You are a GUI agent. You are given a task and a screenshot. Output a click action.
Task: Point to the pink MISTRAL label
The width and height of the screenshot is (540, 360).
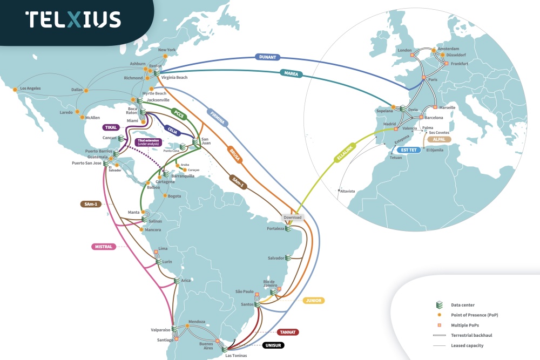click(103, 247)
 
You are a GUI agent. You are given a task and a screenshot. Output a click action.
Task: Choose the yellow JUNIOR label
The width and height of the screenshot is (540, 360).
click(313, 301)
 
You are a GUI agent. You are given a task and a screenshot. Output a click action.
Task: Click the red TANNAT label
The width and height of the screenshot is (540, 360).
click(289, 332)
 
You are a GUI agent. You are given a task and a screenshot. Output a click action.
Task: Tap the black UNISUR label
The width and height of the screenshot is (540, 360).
click(273, 345)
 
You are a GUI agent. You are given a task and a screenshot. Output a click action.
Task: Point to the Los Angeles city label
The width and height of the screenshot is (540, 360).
click(30, 88)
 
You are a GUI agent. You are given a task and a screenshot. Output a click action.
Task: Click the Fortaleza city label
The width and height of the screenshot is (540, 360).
click(275, 229)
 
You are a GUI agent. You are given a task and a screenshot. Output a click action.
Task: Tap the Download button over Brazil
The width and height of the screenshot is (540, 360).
click(292, 217)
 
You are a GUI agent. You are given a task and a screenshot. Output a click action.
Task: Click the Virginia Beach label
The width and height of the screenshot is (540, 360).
click(174, 78)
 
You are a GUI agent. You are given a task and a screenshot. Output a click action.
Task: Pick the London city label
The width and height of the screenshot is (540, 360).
click(404, 50)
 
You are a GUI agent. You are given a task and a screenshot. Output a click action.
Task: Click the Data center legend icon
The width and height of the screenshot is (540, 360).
click(439, 305)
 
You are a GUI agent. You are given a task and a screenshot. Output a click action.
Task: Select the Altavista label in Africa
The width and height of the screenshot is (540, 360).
click(347, 191)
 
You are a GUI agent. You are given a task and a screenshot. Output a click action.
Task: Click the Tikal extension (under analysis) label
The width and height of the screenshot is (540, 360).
click(148, 142)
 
